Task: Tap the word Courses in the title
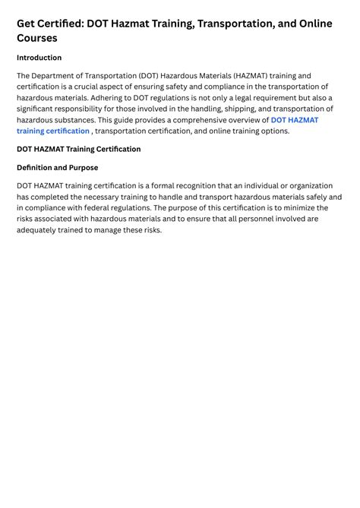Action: click(x=37, y=38)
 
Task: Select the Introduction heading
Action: click(x=39, y=58)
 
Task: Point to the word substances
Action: click(x=74, y=120)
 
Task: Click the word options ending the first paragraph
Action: click(x=273, y=131)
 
